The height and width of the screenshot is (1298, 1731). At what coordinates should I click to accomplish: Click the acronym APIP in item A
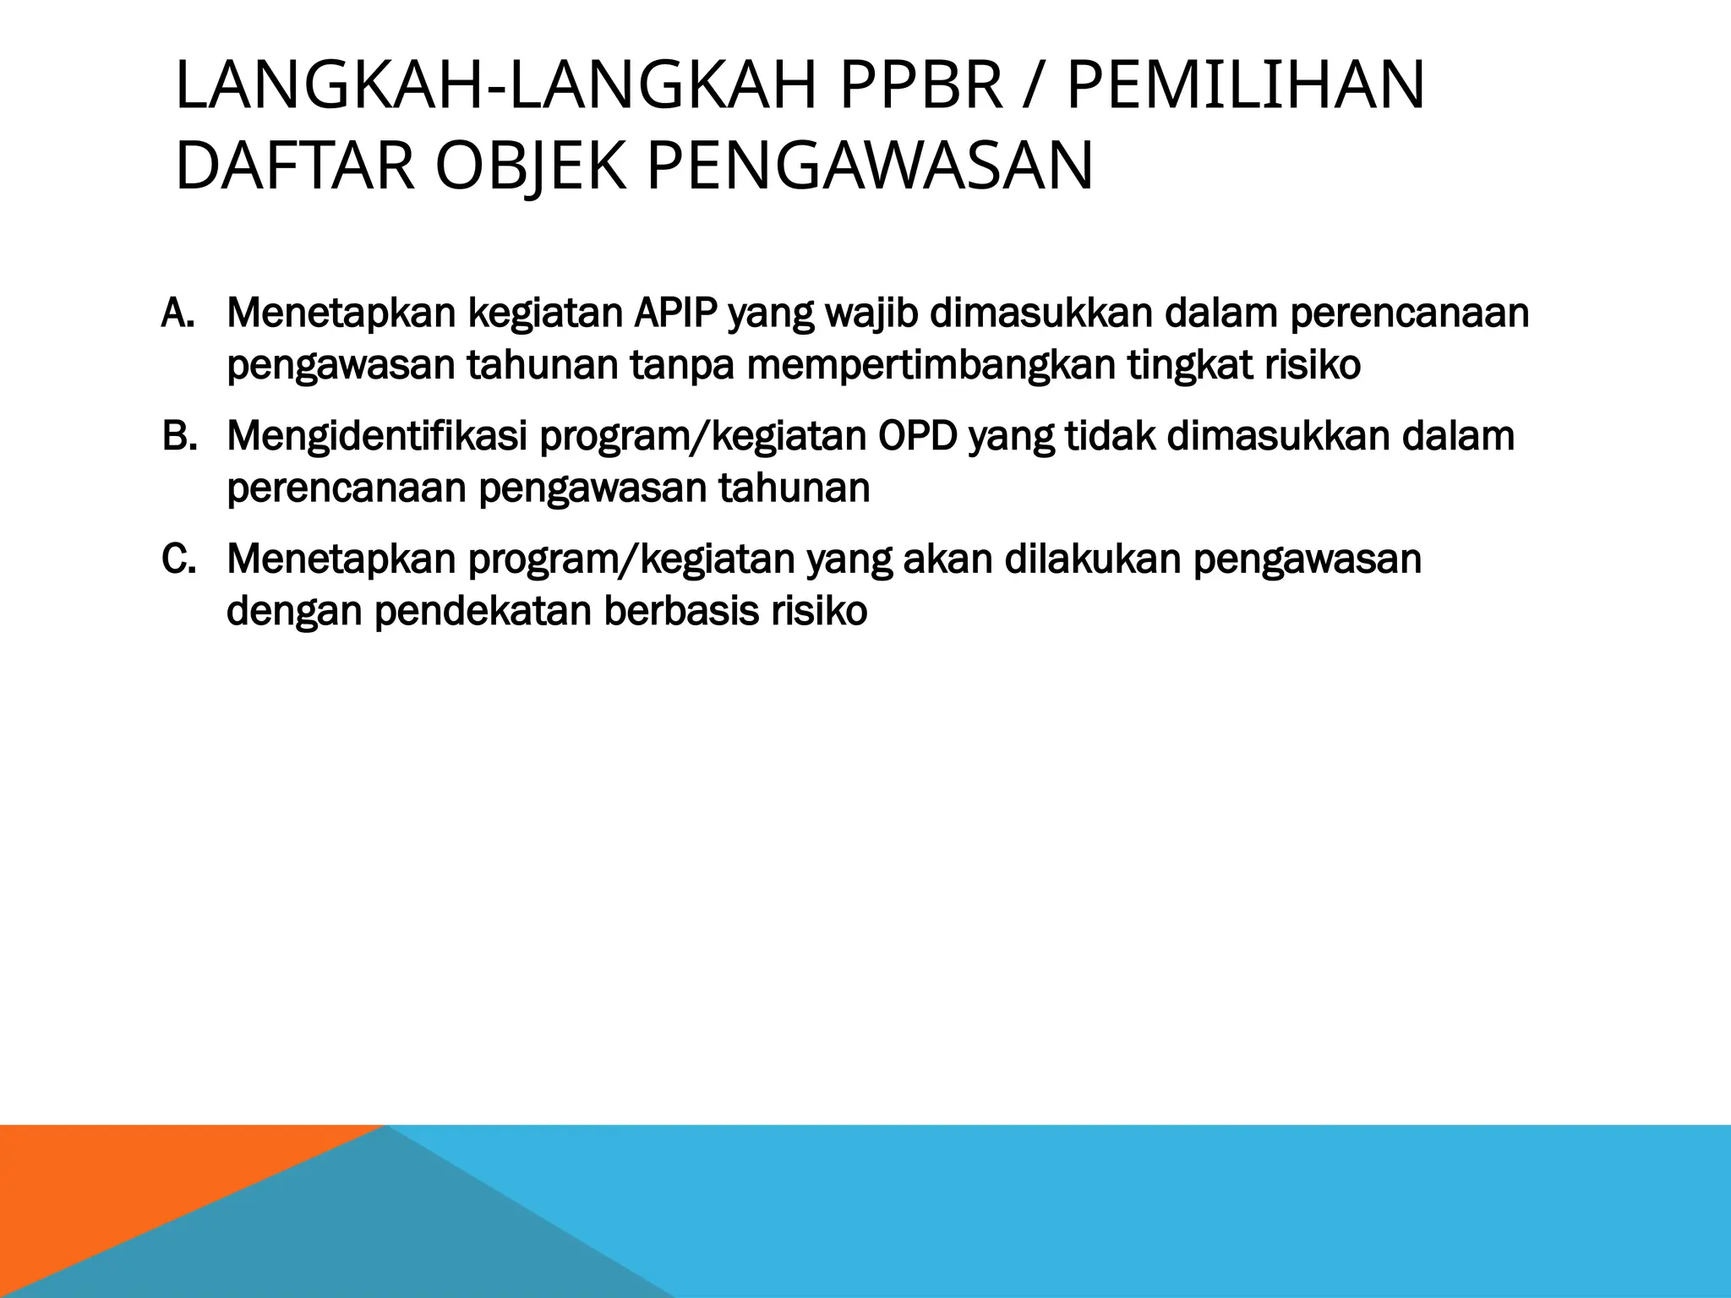(x=674, y=314)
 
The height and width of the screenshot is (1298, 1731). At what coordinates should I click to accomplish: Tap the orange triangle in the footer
(x=127, y=1183)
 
